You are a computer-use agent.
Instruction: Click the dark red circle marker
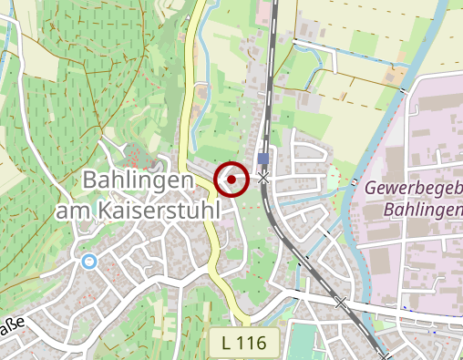pyautogui.click(x=231, y=179)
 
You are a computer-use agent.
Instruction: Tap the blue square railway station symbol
pyautogui.click(x=263, y=158)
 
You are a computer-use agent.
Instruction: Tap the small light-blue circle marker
pyautogui.click(x=88, y=262)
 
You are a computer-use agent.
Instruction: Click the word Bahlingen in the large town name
pyautogui.click(x=137, y=180)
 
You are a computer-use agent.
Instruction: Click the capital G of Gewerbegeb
pyautogui.click(x=370, y=190)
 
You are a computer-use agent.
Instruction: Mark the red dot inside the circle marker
pyautogui.click(x=231, y=179)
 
